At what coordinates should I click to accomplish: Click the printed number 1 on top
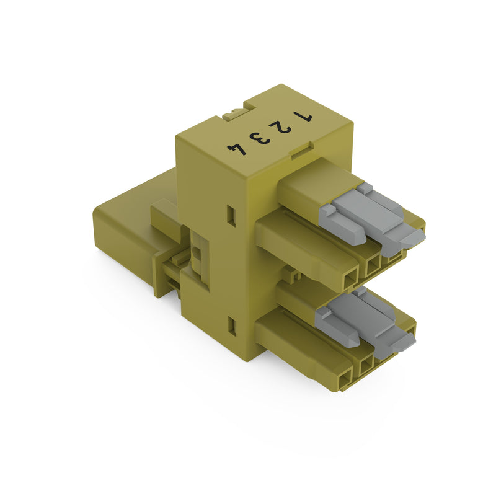303,117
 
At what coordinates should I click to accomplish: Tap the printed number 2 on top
280,128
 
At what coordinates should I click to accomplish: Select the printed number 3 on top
260,138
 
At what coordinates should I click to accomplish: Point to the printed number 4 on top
237,149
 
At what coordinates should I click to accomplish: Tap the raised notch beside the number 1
301,151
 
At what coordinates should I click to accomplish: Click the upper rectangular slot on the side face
232,215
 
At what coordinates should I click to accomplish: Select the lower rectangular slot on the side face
232,327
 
